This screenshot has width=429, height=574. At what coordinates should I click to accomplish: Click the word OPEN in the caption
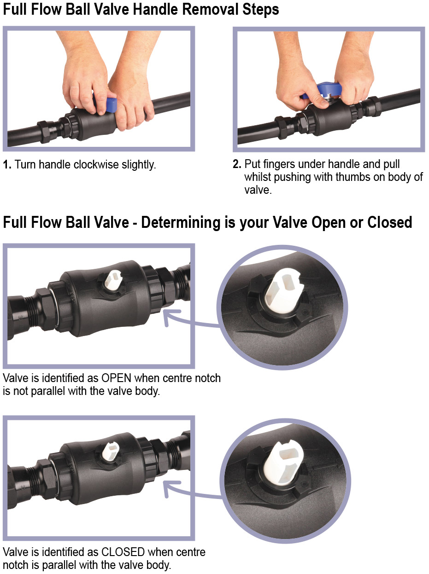click(x=116, y=378)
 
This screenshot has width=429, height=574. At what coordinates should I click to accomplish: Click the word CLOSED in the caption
click(x=123, y=552)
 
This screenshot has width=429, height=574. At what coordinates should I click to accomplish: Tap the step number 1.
click(x=7, y=165)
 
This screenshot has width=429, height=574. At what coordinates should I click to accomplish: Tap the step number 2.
click(x=237, y=164)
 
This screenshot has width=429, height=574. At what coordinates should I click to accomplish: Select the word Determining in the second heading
click(x=181, y=222)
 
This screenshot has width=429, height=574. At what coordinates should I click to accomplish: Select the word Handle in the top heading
click(x=155, y=9)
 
